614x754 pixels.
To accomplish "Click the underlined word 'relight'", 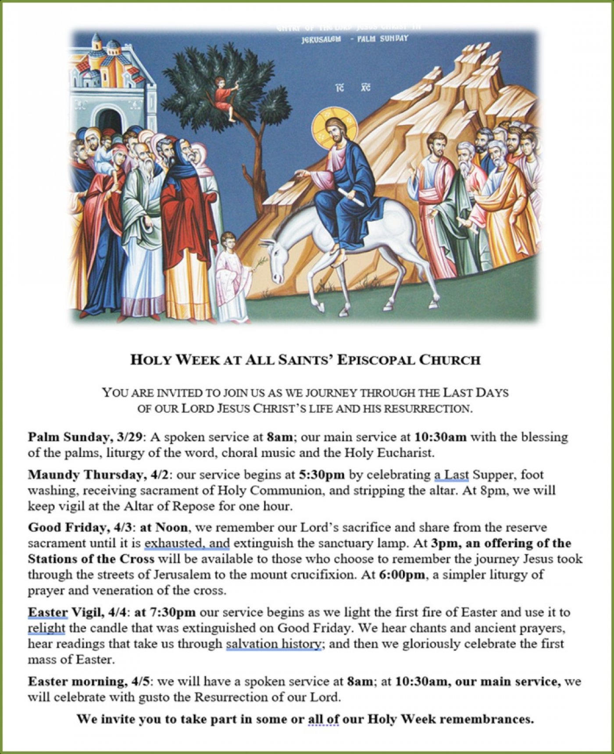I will (46, 628).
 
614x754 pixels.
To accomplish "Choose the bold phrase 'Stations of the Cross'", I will (91, 559).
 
